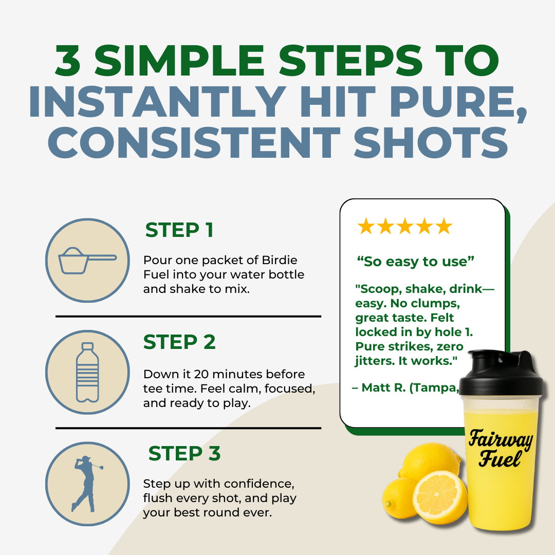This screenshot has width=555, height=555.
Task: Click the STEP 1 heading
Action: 179,230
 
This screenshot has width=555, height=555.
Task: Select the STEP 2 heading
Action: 179,342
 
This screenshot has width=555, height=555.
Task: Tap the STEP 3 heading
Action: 184,454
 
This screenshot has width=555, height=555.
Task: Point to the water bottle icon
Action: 87,372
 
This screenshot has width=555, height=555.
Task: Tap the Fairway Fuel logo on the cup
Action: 499,449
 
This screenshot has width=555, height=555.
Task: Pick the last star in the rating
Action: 443,227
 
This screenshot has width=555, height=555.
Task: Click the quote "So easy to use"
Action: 415,262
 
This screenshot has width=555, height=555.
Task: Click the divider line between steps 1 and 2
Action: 188,316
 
